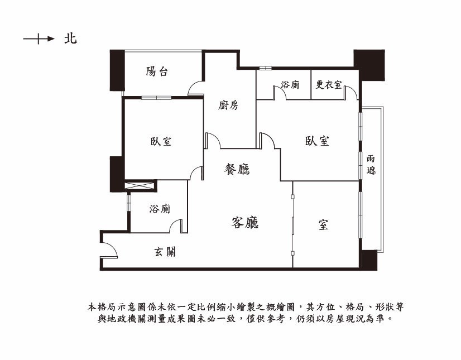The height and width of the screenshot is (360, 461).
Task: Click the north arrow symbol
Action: click(x=39, y=39)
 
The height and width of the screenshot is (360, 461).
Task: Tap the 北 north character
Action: click(x=70, y=39)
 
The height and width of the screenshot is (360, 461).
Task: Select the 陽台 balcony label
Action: click(x=157, y=71)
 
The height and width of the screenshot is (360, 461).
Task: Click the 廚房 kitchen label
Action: click(x=228, y=105)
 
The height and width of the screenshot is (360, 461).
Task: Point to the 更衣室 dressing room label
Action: click(x=329, y=85)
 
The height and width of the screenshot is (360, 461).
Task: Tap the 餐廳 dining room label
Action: click(x=237, y=169)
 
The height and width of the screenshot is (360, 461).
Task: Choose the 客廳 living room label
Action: click(x=245, y=222)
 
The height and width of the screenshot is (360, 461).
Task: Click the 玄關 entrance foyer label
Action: click(x=165, y=252)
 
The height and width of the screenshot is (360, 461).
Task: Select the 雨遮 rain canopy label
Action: click(x=371, y=165)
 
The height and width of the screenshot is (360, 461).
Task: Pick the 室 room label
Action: click(x=323, y=225)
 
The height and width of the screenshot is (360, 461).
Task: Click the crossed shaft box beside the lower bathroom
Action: click(x=140, y=186)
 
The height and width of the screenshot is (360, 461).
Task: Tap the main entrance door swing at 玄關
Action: click(x=109, y=250)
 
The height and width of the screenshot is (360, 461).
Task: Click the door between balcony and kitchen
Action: click(x=196, y=88)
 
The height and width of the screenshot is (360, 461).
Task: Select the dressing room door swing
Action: click(x=350, y=93)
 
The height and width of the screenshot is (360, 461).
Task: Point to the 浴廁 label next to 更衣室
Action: click(x=290, y=85)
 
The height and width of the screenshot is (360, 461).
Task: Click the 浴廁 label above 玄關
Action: click(x=160, y=209)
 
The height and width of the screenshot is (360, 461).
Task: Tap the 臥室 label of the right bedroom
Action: click(x=317, y=141)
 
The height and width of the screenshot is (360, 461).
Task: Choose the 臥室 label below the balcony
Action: click(x=161, y=141)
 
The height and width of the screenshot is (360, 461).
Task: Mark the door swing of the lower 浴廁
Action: click(x=176, y=226)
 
